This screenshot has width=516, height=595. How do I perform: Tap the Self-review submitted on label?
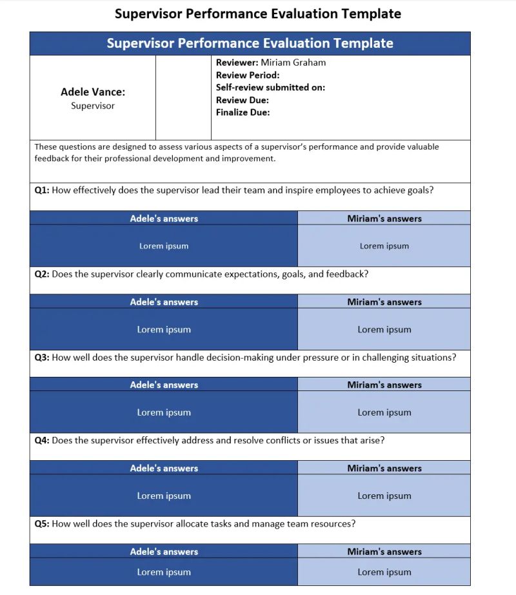[x=270, y=87]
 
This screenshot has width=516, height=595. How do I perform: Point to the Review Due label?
[x=243, y=100]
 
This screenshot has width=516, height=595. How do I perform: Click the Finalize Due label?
[x=243, y=112]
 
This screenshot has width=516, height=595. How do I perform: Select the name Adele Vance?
[x=93, y=92]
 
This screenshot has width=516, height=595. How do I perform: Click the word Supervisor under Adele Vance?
[x=93, y=106]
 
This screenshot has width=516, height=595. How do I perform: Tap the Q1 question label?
[x=42, y=190]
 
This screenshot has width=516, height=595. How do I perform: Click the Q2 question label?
[x=42, y=274]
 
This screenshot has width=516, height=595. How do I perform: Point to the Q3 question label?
[x=42, y=357]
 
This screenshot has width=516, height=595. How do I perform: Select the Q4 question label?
[x=42, y=440]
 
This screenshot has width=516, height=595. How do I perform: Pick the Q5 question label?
[x=42, y=523]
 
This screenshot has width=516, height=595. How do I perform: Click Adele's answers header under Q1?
[x=164, y=219]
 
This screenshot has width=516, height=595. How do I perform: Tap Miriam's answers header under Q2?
[x=384, y=302]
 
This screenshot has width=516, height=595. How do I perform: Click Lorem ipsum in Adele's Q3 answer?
[x=164, y=412]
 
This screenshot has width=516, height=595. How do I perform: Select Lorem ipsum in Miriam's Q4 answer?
[x=384, y=496]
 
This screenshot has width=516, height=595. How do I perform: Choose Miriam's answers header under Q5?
[x=384, y=552]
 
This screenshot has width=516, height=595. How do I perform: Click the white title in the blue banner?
[x=250, y=43]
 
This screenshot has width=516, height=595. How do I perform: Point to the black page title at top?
[x=258, y=14]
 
